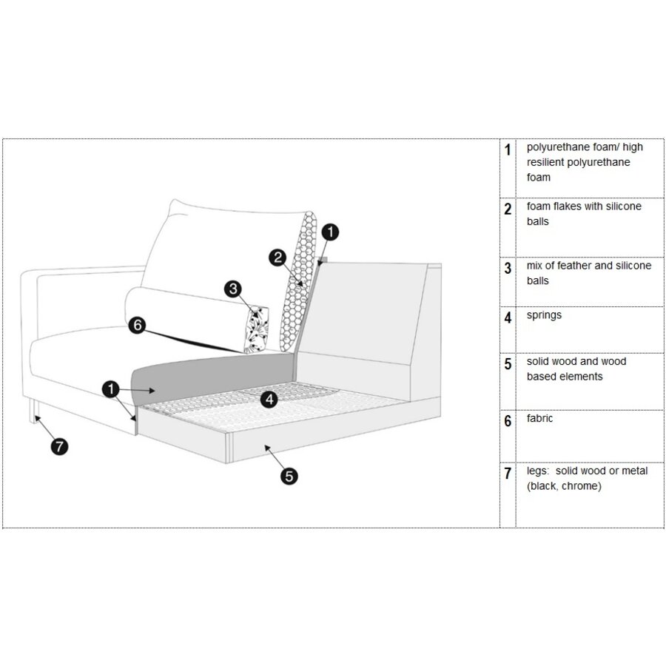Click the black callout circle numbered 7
click(x=59, y=445)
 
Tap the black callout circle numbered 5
click(x=289, y=476)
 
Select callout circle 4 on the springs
click(x=270, y=400)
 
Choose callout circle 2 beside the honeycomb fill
click(x=277, y=258)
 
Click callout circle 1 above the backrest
click(x=331, y=232)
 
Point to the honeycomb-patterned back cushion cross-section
click(x=299, y=285)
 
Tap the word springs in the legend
click(x=544, y=315)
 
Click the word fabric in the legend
click(x=539, y=419)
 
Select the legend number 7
click(x=508, y=473)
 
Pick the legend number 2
click(x=508, y=209)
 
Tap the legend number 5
click(x=508, y=363)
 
